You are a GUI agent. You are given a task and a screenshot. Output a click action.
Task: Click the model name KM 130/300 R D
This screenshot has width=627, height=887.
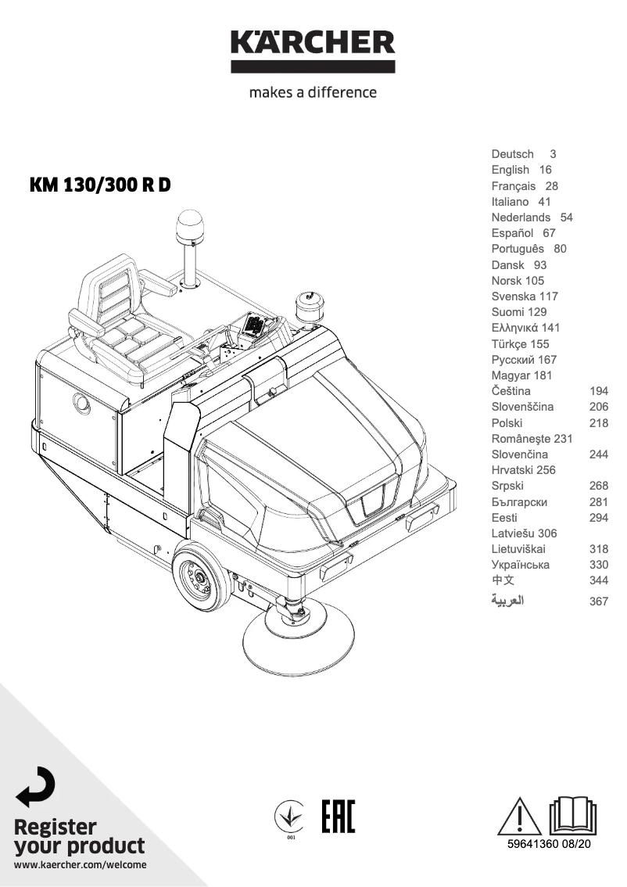(99, 185)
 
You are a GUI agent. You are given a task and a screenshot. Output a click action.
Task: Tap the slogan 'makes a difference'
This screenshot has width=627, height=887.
(313, 92)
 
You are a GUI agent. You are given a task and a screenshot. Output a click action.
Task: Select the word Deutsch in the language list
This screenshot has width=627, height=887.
(512, 154)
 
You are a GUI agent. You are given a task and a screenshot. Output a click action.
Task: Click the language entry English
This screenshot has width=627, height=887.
(510, 170)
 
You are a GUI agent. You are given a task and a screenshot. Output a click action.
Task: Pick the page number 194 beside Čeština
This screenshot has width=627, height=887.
(598, 391)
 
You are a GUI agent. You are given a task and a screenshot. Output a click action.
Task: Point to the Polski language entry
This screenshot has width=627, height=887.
(507, 422)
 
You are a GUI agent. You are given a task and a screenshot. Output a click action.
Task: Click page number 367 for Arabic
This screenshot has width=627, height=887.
(598, 602)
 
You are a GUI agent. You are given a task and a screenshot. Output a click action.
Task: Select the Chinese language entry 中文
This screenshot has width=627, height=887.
(503, 580)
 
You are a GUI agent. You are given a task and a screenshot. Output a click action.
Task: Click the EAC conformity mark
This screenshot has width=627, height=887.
(338, 817)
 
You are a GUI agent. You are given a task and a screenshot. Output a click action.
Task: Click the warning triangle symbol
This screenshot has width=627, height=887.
(519, 817)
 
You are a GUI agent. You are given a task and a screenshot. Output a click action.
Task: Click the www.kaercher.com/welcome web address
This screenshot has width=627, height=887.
(80, 865)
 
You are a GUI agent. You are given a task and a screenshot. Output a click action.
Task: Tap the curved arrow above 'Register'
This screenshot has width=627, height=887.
(36, 786)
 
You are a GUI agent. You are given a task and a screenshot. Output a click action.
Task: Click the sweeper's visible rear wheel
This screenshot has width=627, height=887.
(201, 578)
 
